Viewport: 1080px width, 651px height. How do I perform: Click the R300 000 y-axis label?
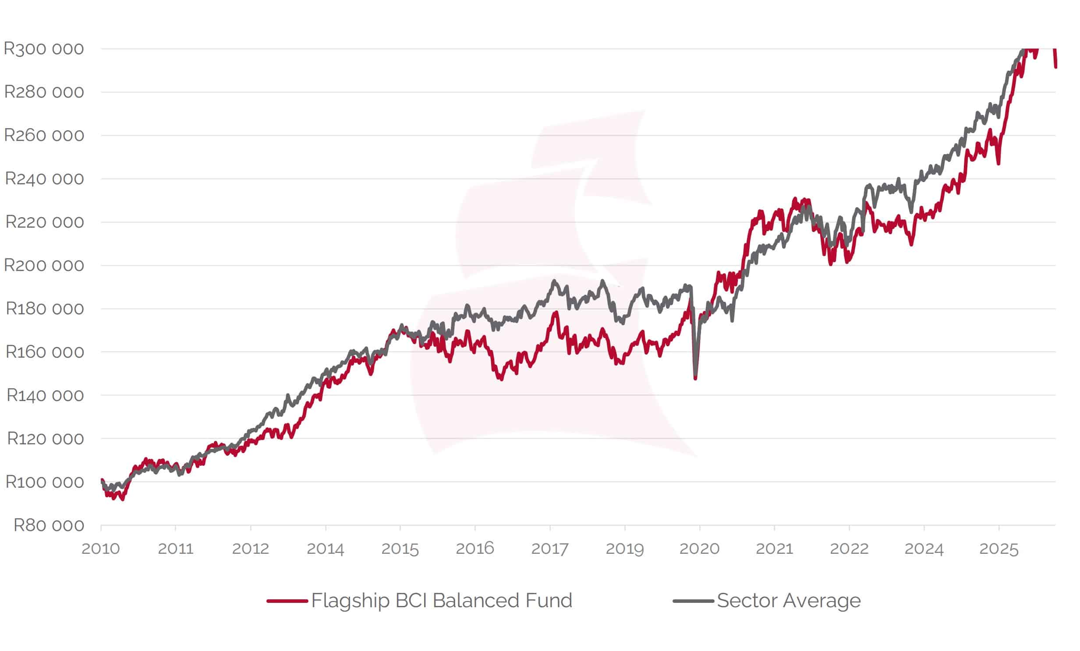coord(43,49)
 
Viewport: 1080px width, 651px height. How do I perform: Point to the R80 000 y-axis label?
coord(49,525)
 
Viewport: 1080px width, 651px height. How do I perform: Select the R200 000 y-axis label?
coord(44,265)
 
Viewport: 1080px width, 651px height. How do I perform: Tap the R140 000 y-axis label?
coord(45,395)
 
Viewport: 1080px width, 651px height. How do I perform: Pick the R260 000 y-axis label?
coord(44,135)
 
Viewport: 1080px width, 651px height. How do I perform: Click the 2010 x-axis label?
coord(100,549)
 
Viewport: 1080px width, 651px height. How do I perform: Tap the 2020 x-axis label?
coord(699,549)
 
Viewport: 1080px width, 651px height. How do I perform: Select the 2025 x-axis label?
coord(999,549)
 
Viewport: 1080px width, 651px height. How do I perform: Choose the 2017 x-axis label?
coord(550,549)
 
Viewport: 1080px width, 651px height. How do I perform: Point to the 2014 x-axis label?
coord(325,549)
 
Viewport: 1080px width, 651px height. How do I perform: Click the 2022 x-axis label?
coord(849,549)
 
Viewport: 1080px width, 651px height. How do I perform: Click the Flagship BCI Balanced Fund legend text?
coord(441,601)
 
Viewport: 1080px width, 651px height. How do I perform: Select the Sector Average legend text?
coord(789,601)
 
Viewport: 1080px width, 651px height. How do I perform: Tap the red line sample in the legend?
coord(287,601)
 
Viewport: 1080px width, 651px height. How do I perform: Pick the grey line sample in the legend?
coord(693,601)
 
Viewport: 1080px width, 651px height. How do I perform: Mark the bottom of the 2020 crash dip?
coord(695,378)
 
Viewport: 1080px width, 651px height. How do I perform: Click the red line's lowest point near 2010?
coord(122,499)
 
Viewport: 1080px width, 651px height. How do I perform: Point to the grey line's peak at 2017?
coord(554,281)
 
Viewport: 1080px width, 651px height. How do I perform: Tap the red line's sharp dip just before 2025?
coord(998,163)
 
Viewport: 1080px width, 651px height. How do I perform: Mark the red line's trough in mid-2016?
coord(501,379)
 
